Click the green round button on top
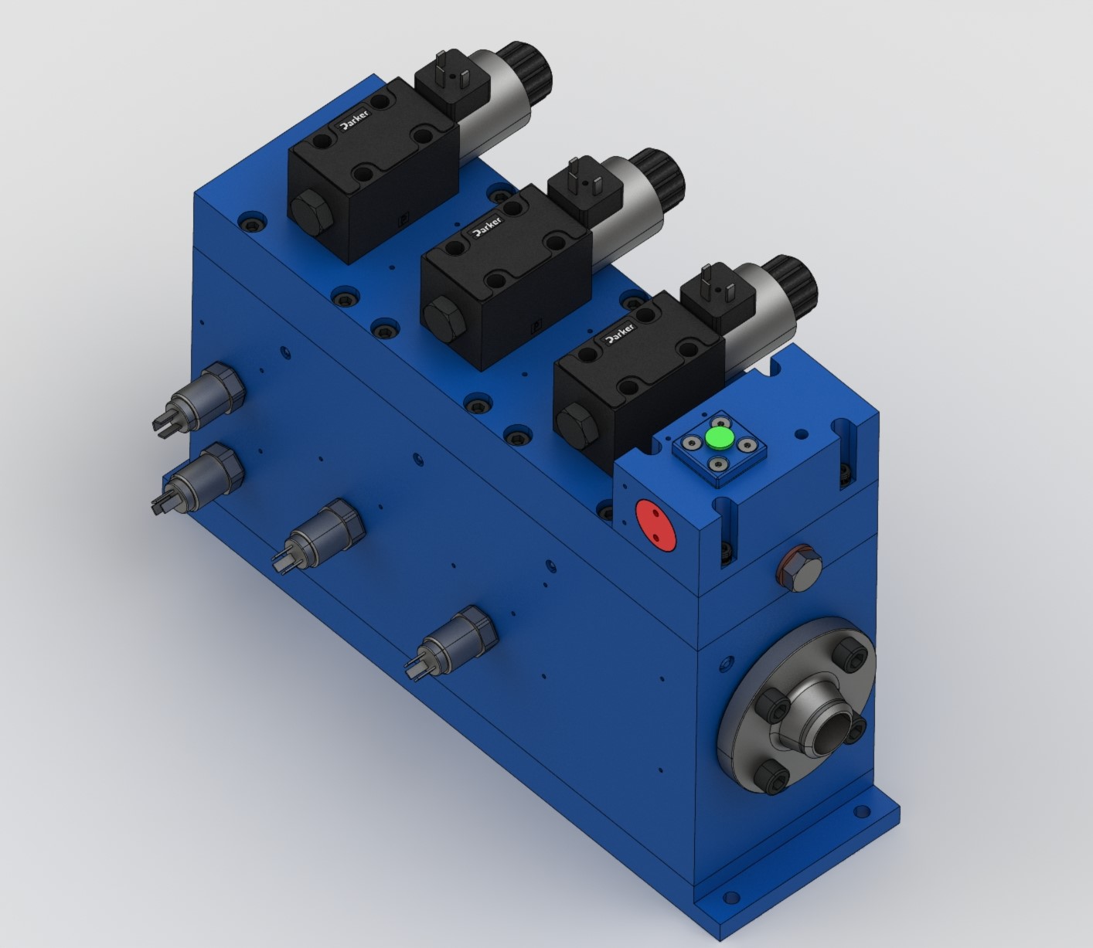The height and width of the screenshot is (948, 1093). click(x=720, y=440)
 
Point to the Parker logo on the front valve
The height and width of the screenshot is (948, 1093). click(x=618, y=335)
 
